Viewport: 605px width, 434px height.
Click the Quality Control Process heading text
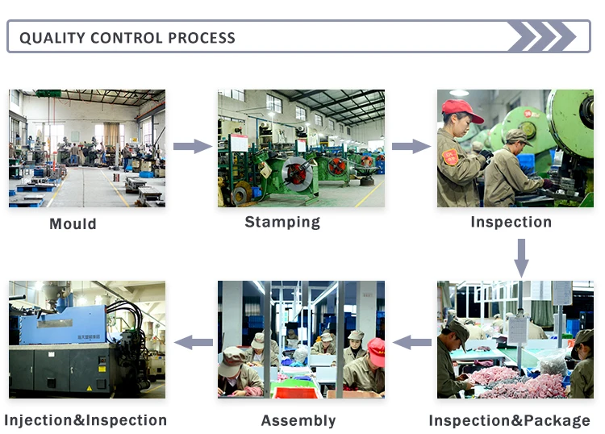tap(127, 38)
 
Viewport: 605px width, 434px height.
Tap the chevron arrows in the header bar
tap(541, 37)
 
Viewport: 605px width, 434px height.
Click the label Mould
tap(73, 223)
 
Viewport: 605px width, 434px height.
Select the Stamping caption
tap(282, 222)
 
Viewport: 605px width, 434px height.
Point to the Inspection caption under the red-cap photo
tap(511, 222)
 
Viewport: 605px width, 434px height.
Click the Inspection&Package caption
tap(509, 420)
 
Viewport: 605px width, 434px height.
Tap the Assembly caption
tap(298, 420)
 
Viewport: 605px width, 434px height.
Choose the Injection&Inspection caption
tap(86, 420)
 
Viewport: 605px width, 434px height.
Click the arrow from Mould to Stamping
tap(192, 146)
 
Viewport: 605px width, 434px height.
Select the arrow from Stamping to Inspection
tap(411, 146)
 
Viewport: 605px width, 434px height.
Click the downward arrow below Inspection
tap(521, 257)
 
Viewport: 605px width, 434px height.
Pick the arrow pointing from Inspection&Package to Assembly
tap(412, 342)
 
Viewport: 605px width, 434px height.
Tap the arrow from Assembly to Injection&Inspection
tap(194, 342)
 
